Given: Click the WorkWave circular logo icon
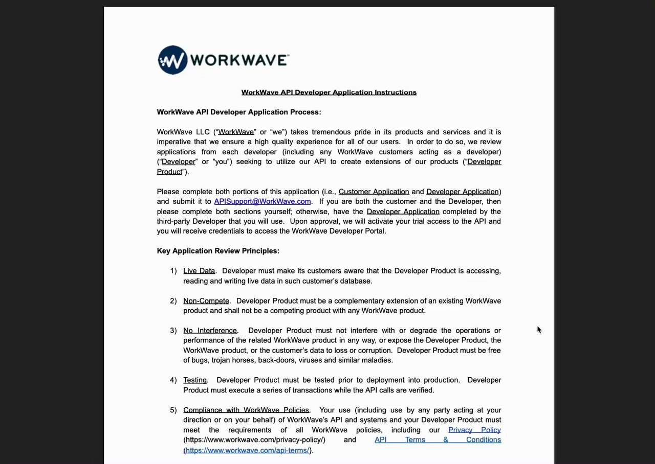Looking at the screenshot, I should [x=172, y=60].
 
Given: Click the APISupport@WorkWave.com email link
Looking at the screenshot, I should [x=262, y=201].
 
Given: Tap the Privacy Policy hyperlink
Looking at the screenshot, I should [x=474, y=430].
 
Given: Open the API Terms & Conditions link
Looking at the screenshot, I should [x=438, y=439].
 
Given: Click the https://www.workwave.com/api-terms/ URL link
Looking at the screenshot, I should [x=247, y=450].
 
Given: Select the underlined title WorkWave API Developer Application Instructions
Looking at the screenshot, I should [x=329, y=92].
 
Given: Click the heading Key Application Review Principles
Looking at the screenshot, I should [x=218, y=251].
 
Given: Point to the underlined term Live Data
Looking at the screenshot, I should [x=199, y=271].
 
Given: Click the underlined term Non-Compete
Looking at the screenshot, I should [x=206, y=301].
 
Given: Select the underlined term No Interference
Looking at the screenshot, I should [x=210, y=331].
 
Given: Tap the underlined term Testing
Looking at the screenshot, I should [x=195, y=380].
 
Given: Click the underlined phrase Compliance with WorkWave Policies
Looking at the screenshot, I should [x=246, y=410].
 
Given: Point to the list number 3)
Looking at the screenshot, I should [x=173, y=331].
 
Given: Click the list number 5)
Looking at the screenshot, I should [x=173, y=410].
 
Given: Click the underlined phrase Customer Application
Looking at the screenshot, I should [x=374, y=192].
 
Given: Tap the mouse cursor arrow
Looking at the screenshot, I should [x=539, y=330].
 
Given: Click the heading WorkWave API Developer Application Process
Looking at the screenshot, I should [x=239, y=112].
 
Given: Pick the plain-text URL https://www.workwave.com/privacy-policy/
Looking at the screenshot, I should [x=254, y=439].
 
